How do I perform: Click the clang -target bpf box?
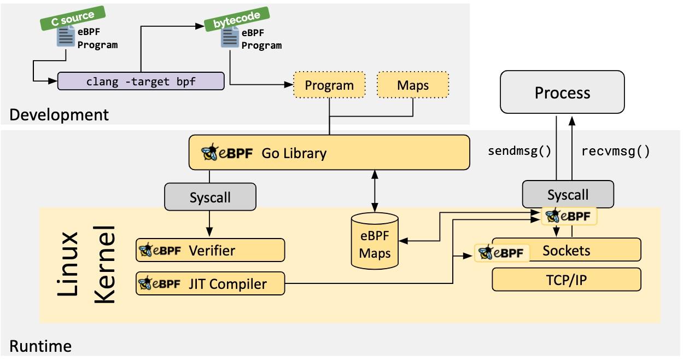coord(141,81)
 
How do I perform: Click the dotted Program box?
coord(329,85)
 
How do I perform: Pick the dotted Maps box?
coord(413,85)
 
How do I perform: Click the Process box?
coord(563,92)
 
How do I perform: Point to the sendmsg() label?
coord(519,152)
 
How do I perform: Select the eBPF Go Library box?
coord(329,153)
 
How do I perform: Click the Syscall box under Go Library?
coord(210,197)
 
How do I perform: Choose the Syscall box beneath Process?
coord(568,195)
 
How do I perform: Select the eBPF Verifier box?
coord(210,251)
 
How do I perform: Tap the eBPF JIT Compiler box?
coord(210,283)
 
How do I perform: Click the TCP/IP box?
coord(566,281)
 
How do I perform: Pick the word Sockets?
coord(566,251)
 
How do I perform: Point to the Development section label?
coord(59,115)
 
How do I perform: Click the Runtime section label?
coord(40,346)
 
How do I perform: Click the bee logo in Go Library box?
coord(210,153)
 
